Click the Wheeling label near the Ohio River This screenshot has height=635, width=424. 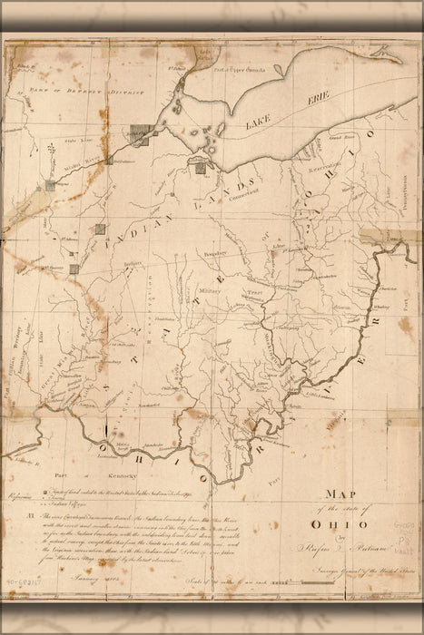point(380,308)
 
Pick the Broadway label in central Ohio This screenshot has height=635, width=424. point(214,253)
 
